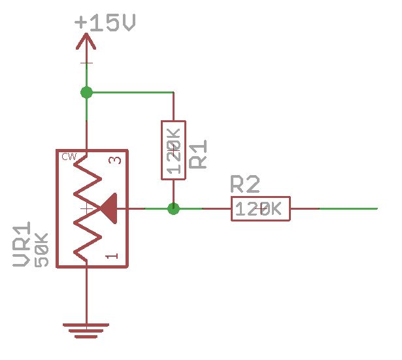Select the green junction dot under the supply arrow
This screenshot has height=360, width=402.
point(86,93)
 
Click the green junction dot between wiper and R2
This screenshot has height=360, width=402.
point(173,209)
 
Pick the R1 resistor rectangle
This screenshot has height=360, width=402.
point(173,150)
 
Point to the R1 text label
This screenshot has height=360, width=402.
point(199,154)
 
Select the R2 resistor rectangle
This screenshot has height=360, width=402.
point(260,209)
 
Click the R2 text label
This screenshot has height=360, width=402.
point(246,185)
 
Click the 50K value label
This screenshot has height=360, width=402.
point(41,250)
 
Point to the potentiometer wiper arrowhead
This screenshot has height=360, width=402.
point(110,208)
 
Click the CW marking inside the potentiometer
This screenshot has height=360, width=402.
point(69,157)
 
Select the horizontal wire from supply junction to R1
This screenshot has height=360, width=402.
point(131,93)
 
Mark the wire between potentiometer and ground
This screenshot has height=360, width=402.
point(86,294)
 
